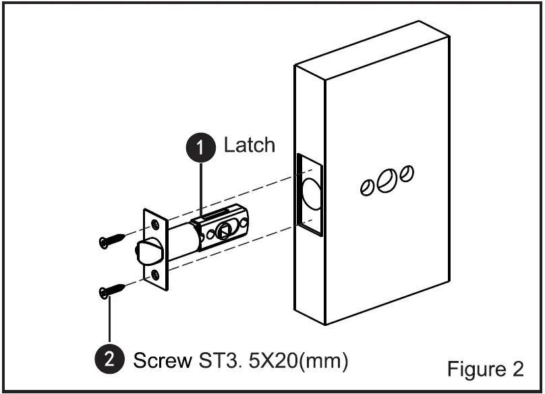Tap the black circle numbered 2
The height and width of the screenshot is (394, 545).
(109, 360)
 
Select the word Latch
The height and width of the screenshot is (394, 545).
(250, 145)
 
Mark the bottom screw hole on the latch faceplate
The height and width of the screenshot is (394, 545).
(156, 274)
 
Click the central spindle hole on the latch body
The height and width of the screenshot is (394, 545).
(225, 231)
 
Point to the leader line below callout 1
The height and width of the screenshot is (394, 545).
(202, 189)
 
